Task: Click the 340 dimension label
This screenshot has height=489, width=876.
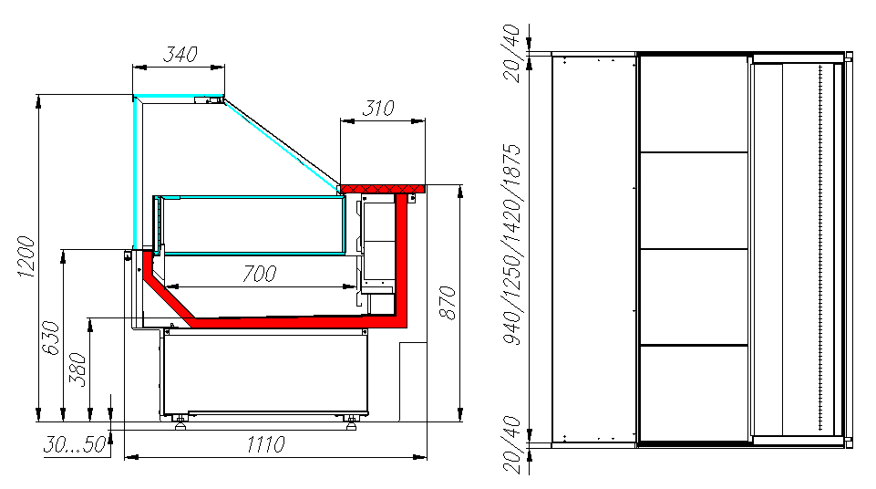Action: click(180, 54)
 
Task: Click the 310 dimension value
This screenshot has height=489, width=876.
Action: click(378, 108)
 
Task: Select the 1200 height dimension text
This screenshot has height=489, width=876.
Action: click(26, 256)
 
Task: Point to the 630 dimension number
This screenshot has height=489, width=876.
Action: click(51, 337)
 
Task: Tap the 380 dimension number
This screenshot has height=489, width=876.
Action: click(77, 369)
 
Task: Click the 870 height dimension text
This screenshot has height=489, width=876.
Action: click(448, 302)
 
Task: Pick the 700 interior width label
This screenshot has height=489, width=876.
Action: click(259, 274)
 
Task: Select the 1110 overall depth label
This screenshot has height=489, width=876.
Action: click(266, 445)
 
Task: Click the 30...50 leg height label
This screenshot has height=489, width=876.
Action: click(75, 445)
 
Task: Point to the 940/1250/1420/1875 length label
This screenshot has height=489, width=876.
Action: click(512, 244)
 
